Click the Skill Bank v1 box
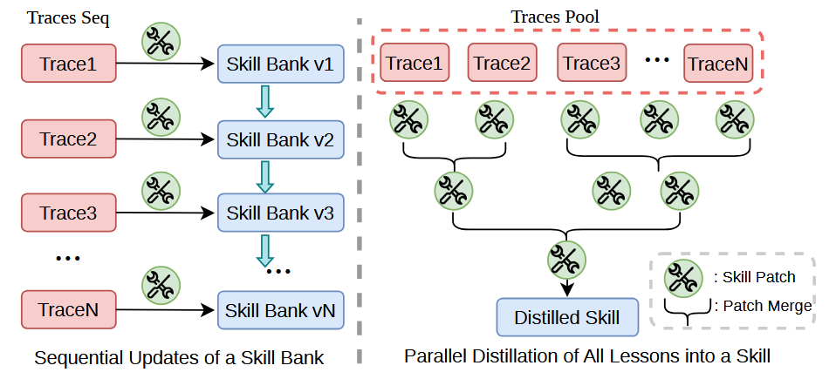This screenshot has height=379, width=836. pos(280,64)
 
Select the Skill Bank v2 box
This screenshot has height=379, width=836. pos(280,139)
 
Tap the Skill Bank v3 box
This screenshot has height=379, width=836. pos(280,213)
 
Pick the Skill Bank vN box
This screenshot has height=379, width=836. pos(280,310)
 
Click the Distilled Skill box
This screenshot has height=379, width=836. pos(567,317)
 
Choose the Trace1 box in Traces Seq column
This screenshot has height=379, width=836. pos(69,64)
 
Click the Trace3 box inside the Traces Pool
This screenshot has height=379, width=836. pos(592,63)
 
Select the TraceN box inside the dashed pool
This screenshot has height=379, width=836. pos(717,63)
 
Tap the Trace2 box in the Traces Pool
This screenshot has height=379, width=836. pos(503,63)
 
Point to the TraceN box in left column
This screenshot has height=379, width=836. pos(69,310)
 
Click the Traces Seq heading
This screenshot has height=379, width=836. pos(68,18)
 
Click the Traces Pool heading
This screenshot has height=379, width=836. pos(556,17)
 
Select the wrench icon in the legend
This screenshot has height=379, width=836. pos(683,278)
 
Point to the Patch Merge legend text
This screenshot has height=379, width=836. pos(763,306)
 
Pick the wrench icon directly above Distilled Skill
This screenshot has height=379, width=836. pos(566,260)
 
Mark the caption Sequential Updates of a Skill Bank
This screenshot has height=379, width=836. pos(179,358)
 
